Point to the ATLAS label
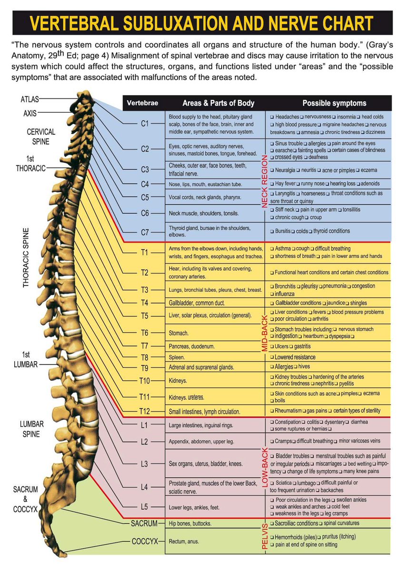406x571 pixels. pos(30,100)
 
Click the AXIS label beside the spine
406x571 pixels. pos(30,114)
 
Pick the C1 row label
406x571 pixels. pos(145,124)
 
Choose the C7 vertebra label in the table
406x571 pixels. pos(145,232)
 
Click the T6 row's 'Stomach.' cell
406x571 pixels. pos(178,333)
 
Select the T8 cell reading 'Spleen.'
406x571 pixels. pos(177,357)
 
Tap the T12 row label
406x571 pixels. pos(145,411)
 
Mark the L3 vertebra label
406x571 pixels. pos(145,463)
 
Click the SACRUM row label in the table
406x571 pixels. pos(144,523)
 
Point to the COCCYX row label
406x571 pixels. pos(144,541)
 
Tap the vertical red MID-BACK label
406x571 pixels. pos(265,332)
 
